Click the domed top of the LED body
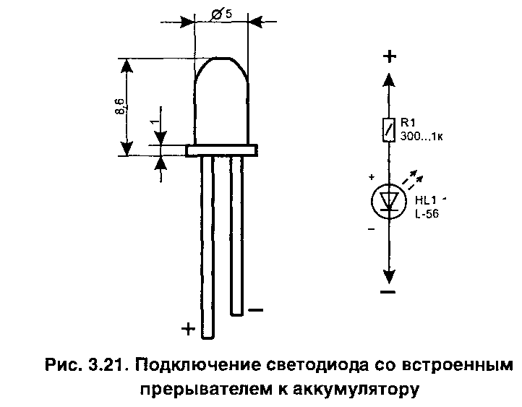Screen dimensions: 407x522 pos(222,72)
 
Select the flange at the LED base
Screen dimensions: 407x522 pos(222,150)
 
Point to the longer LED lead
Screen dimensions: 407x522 pos(208,246)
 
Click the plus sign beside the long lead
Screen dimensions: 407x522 pos(188,330)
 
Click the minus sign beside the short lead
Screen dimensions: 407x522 pos(255,310)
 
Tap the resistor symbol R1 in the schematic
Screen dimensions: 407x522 pos(389,129)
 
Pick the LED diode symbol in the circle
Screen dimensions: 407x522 pos(388,202)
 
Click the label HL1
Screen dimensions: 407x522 pos(425,201)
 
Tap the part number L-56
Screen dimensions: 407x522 pos(427,214)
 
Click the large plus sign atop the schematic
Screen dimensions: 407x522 pos(389,57)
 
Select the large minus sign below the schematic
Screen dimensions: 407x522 pos(388,292)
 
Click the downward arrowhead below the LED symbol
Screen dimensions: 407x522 pos(389,275)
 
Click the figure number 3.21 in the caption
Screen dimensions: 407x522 pos(107,364)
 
